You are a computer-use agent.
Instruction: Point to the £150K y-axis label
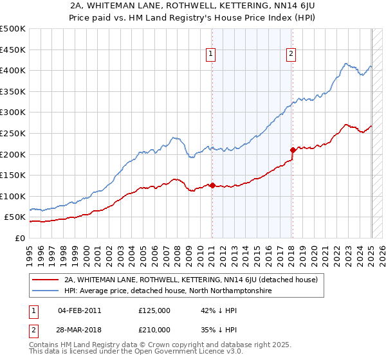[13, 175]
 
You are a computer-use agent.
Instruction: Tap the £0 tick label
[20, 238]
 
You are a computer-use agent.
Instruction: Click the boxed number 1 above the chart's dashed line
[212, 55]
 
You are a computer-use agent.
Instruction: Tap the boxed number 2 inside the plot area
[291, 55]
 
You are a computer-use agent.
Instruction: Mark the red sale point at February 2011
[212, 185]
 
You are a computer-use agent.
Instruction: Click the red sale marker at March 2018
[293, 150]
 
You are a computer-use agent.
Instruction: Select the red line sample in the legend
[45, 280]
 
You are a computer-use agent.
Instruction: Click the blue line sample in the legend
[45, 291]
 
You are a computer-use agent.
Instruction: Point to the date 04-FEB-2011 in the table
[80, 310]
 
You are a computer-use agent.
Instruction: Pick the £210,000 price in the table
[154, 329]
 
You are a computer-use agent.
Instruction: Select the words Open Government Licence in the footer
[181, 352]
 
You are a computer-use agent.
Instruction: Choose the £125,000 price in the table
[154, 310]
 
